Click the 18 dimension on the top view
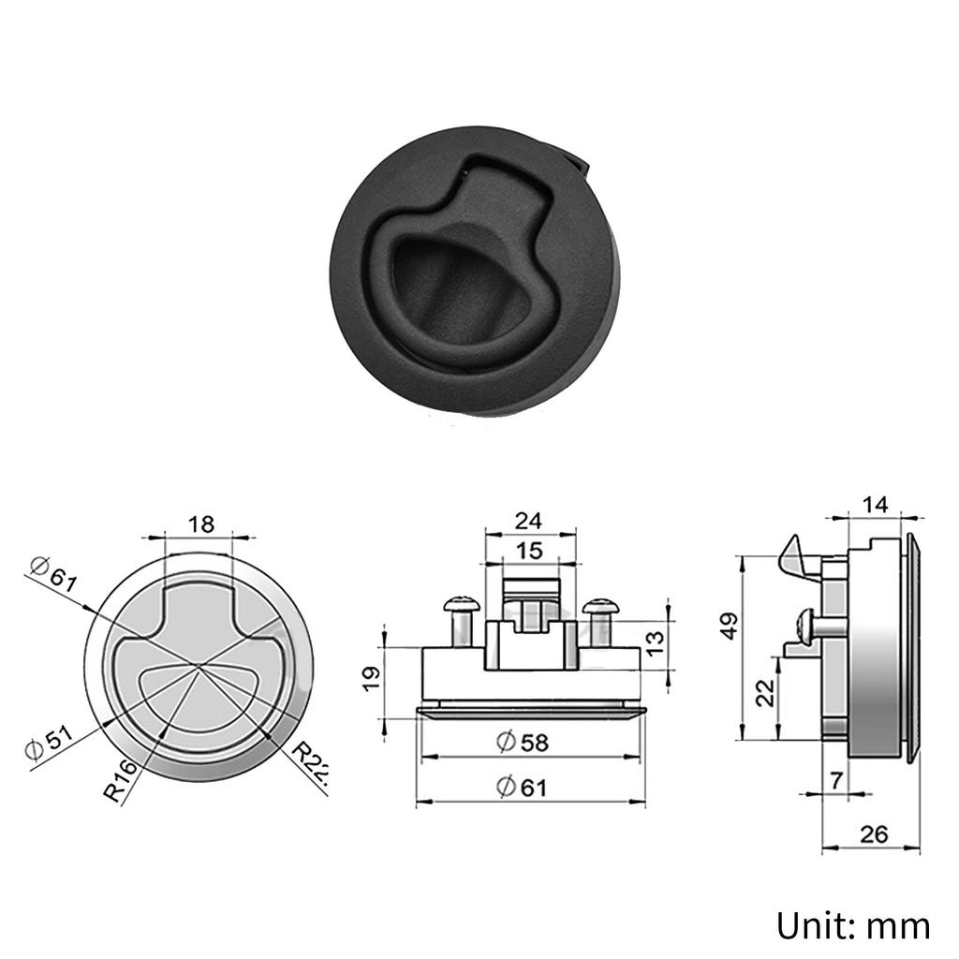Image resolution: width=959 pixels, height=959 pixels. click(x=200, y=524)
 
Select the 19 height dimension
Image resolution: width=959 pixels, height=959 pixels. click(x=371, y=675)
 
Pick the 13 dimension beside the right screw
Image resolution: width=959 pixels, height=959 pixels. click(x=656, y=642)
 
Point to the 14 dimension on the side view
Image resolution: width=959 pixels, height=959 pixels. click(x=875, y=505)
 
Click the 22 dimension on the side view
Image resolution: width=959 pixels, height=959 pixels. click(x=765, y=694)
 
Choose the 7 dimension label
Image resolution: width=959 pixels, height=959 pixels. click(x=835, y=778)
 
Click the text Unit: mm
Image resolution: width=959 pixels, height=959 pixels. click(x=852, y=925)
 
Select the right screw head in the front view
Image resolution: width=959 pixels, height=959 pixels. click(x=600, y=607)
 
